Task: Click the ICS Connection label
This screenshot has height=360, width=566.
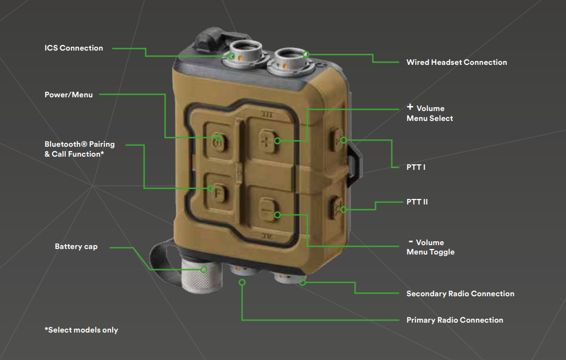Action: click(74, 48)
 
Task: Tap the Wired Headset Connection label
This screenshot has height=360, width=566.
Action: click(456, 63)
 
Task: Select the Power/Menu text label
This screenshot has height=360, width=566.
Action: click(69, 95)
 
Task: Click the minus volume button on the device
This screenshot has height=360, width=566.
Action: click(267, 209)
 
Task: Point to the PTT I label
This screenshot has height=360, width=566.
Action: click(416, 167)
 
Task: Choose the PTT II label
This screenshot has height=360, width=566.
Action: click(417, 202)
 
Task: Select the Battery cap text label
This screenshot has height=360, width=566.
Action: click(76, 247)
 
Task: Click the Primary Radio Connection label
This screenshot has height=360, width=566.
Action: click(454, 320)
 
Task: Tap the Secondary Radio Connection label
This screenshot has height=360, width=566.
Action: click(460, 294)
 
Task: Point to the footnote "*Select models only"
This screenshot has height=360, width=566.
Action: click(81, 330)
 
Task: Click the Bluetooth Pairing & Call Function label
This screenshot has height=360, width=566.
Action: click(79, 149)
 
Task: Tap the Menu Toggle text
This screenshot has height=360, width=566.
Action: click(430, 252)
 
